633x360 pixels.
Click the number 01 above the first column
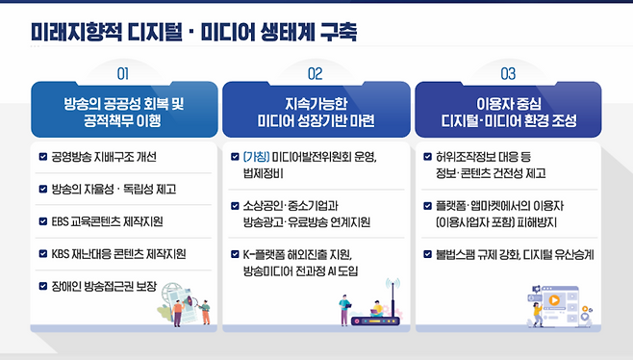click(x=122, y=73)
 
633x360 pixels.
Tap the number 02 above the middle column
click(x=315, y=73)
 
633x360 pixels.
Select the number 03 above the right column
click(x=509, y=73)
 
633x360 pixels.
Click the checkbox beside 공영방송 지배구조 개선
click(x=42, y=156)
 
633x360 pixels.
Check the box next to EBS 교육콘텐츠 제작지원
click(x=42, y=221)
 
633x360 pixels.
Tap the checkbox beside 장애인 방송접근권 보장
click(x=42, y=286)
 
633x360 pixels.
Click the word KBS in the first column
click(x=63, y=254)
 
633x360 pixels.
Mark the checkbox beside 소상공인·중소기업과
click(x=236, y=205)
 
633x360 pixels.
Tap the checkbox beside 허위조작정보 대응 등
click(x=428, y=156)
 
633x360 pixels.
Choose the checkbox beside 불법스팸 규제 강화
click(x=428, y=254)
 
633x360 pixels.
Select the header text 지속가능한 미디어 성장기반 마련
click(x=315, y=112)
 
